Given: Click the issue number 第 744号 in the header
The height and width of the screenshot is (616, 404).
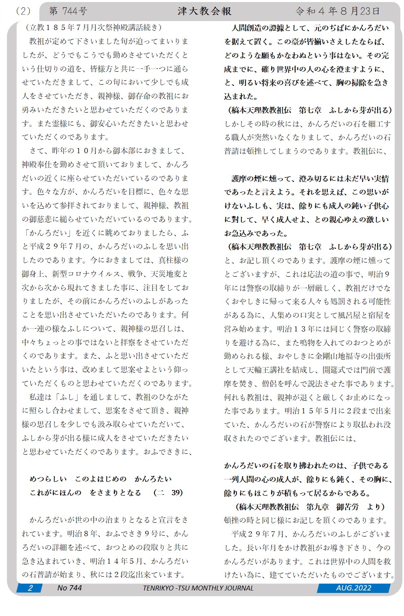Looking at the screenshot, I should click(68, 11).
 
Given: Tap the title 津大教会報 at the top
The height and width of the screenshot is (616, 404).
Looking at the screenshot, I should click(204, 11).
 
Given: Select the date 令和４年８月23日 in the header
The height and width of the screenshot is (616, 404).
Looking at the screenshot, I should click(337, 11).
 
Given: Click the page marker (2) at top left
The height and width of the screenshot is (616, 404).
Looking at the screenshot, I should click(23, 11).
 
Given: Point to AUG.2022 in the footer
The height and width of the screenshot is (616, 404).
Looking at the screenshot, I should click(353, 588).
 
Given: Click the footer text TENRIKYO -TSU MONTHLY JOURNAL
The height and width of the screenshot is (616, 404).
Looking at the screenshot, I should click(198, 588).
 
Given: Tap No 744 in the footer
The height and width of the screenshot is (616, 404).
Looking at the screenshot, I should click(69, 588).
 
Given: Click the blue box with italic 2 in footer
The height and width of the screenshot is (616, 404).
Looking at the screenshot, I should click(30, 588).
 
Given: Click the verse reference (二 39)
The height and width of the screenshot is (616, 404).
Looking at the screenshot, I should click(168, 492).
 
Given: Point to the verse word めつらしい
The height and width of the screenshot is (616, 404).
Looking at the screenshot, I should click(48, 479).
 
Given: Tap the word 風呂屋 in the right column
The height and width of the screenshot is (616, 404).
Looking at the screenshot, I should click(342, 315).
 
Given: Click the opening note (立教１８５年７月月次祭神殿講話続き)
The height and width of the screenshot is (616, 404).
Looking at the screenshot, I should click(94, 28).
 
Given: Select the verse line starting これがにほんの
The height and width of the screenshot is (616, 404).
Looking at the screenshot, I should click(86, 492).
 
